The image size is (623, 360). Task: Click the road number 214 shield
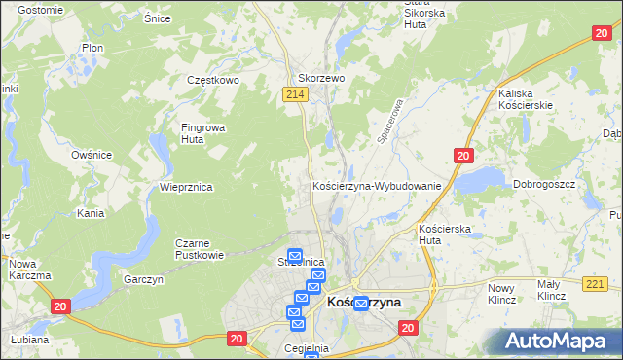click(297, 93)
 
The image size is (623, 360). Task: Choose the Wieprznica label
click(186, 186)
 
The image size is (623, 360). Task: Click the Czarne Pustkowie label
click(200, 249)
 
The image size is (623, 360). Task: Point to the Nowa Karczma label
click(28, 270)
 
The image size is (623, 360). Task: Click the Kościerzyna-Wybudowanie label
click(377, 185)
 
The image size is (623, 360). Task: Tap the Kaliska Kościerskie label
click(525, 98)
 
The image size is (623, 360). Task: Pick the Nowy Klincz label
click(499, 293)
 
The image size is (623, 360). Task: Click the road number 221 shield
click(598, 283)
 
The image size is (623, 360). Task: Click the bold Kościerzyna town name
click(365, 303)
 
